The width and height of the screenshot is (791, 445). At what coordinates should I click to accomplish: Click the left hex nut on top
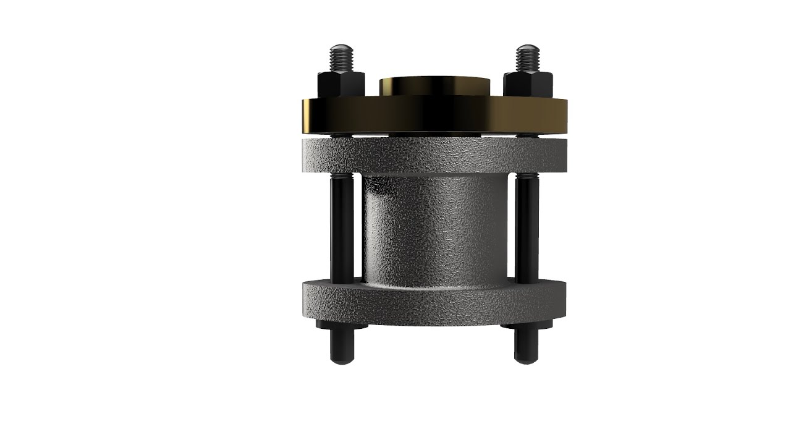(x=340, y=85)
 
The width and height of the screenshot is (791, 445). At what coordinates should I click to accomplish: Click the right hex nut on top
(x=527, y=85)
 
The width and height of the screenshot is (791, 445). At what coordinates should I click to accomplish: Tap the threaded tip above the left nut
(x=341, y=57)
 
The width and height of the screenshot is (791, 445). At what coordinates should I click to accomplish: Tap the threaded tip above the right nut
(x=527, y=57)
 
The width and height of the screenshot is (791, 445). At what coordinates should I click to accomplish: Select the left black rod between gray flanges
(x=342, y=229)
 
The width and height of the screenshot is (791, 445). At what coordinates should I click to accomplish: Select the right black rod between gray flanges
(x=527, y=229)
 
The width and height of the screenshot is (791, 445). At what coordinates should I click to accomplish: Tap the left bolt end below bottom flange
(x=342, y=346)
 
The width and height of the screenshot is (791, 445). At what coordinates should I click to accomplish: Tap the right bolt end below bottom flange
(x=526, y=346)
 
